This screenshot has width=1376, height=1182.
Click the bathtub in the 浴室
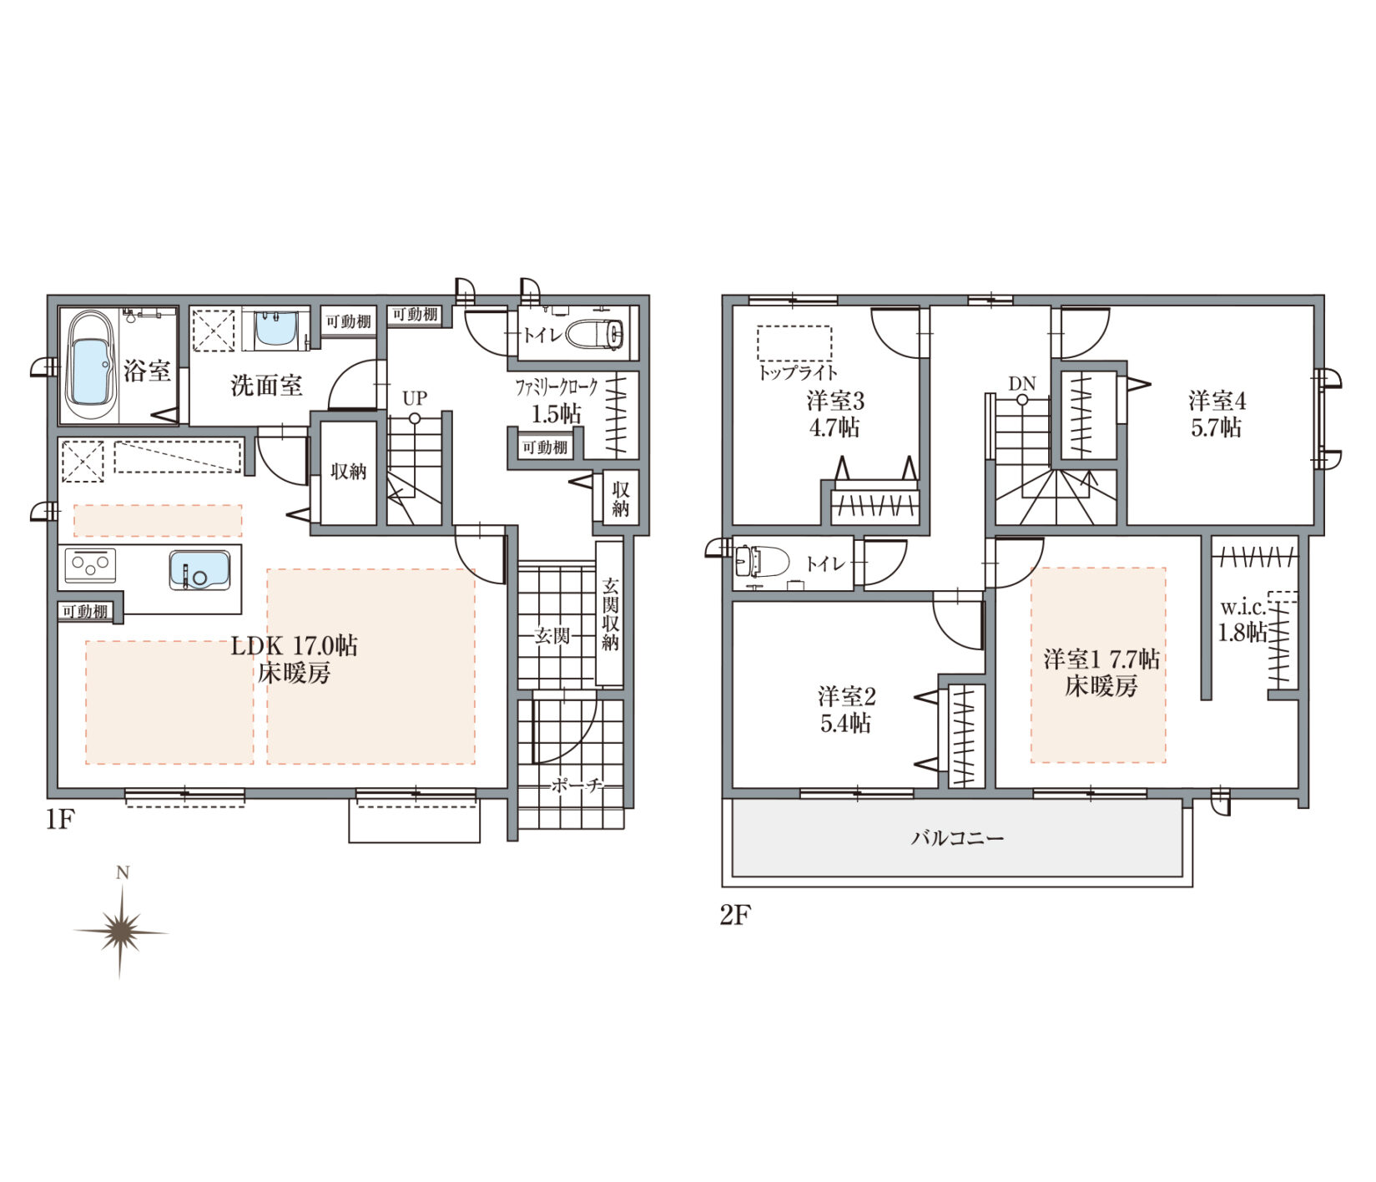(90, 367)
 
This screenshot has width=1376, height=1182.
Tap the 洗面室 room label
(267, 386)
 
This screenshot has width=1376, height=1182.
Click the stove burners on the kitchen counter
(90, 566)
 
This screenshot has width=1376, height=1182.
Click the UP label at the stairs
(415, 398)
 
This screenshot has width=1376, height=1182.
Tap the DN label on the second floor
(1021, 384)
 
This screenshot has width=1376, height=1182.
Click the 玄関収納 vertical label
(610, 613)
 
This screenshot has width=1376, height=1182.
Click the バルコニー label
(957, 837)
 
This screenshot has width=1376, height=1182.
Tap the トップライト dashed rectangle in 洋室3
(794, 343)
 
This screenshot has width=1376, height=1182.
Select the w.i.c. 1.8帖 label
(1243, 619)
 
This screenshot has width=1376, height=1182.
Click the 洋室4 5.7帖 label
(1217, 414)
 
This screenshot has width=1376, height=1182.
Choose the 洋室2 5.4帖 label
(846, 710)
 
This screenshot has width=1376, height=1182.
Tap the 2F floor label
(735, 916)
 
